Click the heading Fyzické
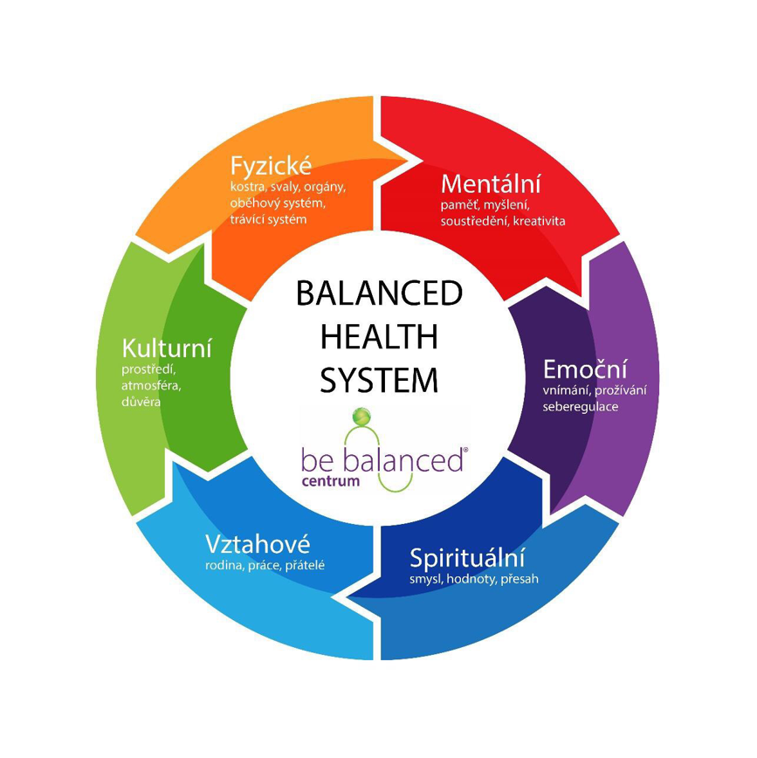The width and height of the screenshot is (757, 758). (x=271, y=166)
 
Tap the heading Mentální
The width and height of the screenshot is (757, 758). (x=491, y=184)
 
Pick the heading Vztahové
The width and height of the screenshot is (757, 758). (x=258, y=543)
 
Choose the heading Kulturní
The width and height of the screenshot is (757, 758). (x=167, y=349)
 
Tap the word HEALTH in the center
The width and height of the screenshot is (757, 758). (x=378, y=337)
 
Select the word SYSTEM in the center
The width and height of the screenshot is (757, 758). (x=378, y=380)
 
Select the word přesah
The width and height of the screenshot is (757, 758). (x=520, y=579)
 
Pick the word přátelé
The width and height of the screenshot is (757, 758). (x=305, y=565)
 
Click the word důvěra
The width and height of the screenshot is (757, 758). (x=141, y=401)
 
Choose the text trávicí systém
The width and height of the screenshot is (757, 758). (x=269, y=218)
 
